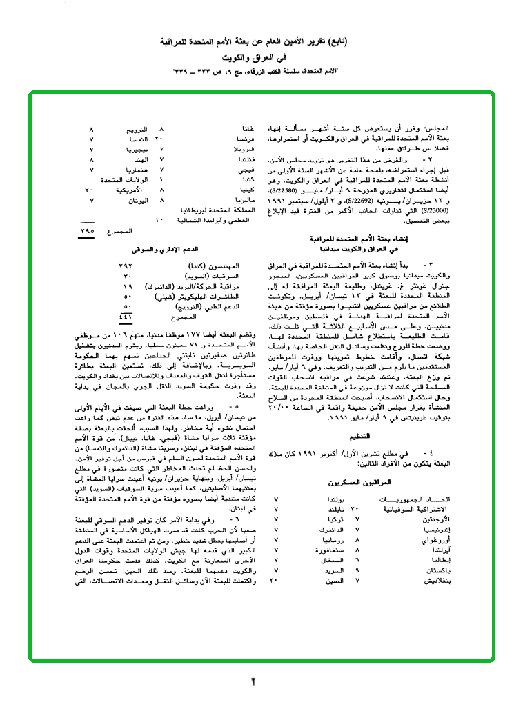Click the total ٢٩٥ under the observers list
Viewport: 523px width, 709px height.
pyautogui.click(x=88, y=233)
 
